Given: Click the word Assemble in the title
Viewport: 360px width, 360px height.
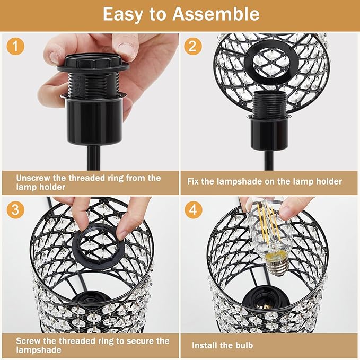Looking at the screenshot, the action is pos(216,14).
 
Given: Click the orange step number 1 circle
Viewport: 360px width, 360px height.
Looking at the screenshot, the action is pos(15,46).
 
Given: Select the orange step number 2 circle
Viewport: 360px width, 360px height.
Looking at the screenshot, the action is pos(193,46).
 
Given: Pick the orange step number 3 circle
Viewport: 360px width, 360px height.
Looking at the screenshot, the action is pos(15,209).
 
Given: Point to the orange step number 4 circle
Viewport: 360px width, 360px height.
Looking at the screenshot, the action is pos(193,209).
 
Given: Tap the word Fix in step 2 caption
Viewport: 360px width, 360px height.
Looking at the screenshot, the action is pos(193,181).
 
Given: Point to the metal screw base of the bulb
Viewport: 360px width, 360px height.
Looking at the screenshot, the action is pos(278,267).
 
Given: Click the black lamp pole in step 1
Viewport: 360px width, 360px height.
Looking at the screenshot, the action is pos(93,158).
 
